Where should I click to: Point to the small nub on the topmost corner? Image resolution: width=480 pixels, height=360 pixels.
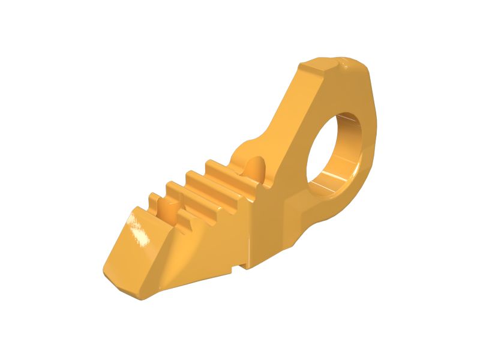pos(344,59)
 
